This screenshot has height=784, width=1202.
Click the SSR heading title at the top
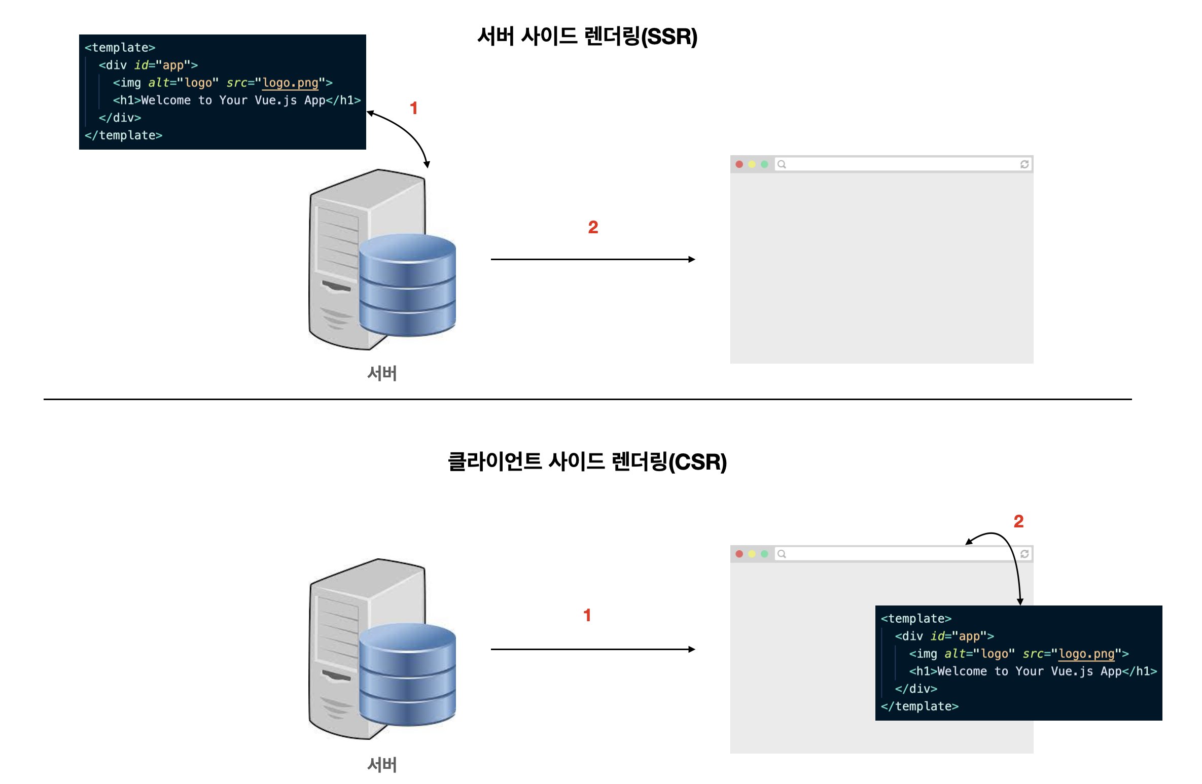coord(587,37)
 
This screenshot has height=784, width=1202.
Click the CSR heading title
coord(587,461)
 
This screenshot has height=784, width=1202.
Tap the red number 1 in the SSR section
coord(414,108)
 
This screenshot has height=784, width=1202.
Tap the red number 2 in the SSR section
coord(593,227)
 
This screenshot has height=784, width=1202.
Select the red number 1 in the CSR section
coord(587,615)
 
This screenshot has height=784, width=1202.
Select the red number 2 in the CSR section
coord(1018,521)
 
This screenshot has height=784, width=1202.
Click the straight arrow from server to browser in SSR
coord(592,259)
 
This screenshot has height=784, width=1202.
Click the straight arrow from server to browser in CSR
coord(592,649)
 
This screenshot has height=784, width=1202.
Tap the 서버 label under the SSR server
coord(382,373)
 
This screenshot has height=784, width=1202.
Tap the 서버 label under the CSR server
coord(382,764)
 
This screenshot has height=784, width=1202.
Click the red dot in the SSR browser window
coord(739,164)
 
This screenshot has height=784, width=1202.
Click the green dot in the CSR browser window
coord(764,554)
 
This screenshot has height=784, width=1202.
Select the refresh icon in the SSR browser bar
coord(1024,164)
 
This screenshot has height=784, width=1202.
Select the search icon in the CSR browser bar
coord(782,554)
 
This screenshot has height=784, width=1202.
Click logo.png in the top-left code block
coord(290,83)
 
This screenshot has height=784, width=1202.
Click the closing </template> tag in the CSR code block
coord(920,706)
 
